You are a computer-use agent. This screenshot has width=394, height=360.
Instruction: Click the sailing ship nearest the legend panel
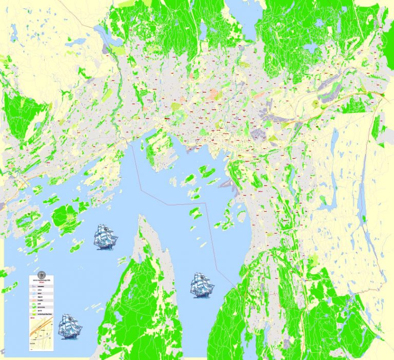(70, 326)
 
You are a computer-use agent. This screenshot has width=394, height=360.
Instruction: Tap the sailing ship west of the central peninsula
(106, 236)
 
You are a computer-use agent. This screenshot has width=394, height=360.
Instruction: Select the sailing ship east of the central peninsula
(203, 284)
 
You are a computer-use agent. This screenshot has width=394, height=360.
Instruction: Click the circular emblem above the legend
(42, 274)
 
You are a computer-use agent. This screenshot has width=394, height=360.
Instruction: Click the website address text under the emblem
(42, 280)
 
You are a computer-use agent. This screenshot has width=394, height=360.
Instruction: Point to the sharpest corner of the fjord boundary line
(206, 203)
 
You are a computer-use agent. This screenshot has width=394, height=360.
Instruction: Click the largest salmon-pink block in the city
(216, 95)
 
